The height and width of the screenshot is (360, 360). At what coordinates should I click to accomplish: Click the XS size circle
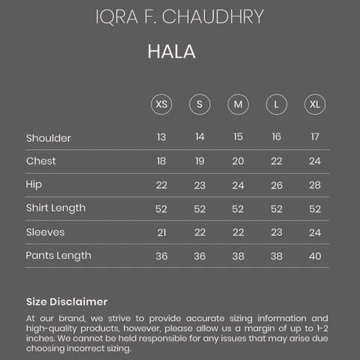pyautogui.click(x=161, y=104)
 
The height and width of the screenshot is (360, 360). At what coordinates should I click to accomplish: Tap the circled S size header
pyautogui.click(x=199, y=104)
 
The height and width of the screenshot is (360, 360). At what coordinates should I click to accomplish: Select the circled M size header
pyautogui.click(x=238, y=104)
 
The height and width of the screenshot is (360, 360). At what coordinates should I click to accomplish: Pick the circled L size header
pyautogui.click(x=276, y=104)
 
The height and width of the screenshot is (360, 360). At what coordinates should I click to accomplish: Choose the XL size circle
pyautogui.click(x=314, y=104)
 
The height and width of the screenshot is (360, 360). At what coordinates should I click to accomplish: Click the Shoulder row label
pyautogui.click(x=48, y=138)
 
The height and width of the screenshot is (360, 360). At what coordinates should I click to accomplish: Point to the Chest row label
pyautogui.click(x=40, y=161)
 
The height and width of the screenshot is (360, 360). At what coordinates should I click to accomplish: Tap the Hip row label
pyautogui.click(x=33, y=184)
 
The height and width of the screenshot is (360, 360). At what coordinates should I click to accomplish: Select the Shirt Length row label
pyautogui.click(x=55, y=208)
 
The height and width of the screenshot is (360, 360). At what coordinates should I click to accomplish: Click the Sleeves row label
pyautogui.click(x=45, y=232)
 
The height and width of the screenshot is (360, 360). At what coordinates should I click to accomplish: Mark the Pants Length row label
pyautogui.click(x=58, y=256)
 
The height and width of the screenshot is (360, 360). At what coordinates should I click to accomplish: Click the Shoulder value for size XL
pyautogui.click(x=315, y=137)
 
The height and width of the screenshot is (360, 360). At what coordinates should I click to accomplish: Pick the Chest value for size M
pyautogui.click(x=238, y=161)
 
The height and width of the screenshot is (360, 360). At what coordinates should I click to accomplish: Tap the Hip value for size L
pyautogui.click(x=277, y=185)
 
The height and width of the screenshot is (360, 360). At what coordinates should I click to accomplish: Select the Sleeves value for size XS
pyautogui.click(x=161, y=232)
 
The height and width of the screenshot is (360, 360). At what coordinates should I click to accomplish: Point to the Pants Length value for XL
pyautogui.click(x=315, y=256)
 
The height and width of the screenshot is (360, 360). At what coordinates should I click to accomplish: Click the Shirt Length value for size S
pyautogui.click(x=199, y=208)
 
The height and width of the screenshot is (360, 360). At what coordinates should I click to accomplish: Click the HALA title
pyautogui.click(x=172, y=52)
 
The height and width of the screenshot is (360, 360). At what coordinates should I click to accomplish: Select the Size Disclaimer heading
pyautogui.click(x=67, y=301)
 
